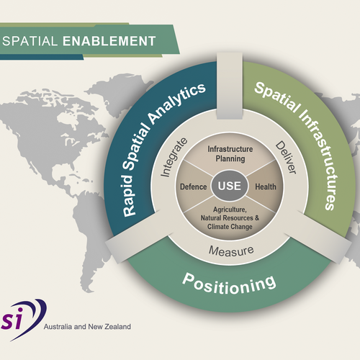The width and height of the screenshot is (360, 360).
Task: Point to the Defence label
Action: (192, 186)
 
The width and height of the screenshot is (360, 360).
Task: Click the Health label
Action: (255, 186)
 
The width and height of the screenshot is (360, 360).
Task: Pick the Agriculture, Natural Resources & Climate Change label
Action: (223, 218)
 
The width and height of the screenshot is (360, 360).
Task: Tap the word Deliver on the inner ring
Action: (273, 154)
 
